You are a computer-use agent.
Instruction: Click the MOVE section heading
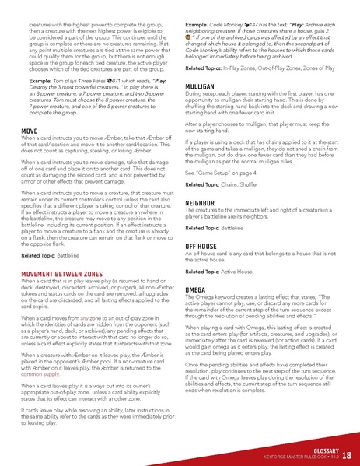[29, 153]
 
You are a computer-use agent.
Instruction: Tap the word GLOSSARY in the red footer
[321, 449]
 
